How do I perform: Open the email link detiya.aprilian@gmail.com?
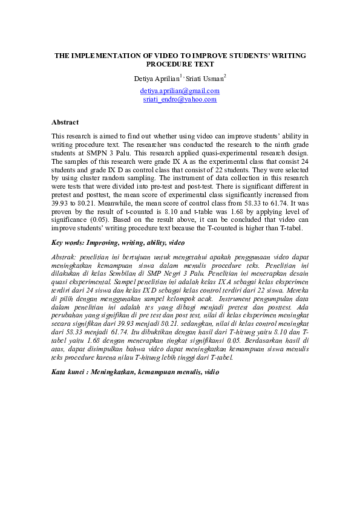tap(180, 91)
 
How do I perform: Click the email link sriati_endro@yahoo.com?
tap(180, 99)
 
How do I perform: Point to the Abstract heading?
tap(65, 122)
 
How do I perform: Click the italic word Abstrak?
tap(65, 256)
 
